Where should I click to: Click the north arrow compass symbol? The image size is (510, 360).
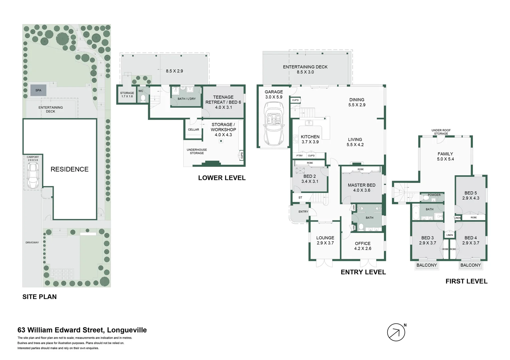coord(396,332)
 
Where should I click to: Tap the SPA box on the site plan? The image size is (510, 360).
coord(38,90)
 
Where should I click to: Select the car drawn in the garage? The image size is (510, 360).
coord(274,124)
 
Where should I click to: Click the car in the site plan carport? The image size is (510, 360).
coord(33,176)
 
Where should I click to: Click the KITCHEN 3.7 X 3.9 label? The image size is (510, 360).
coord(310,139)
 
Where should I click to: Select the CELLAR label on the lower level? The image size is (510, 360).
coord(193,130)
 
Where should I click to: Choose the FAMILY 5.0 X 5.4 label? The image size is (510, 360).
coord(445,156)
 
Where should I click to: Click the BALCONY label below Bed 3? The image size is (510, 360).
coord(427,265)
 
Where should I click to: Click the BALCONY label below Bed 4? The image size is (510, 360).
coord(470,265)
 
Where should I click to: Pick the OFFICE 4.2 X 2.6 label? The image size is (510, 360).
coord(363,246)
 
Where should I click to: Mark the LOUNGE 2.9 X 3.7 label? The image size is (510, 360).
coord(325,240)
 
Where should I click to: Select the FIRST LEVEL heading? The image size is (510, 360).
coord(466,281)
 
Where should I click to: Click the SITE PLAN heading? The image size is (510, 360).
coord(39,297)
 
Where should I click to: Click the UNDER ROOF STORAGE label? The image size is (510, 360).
coord(441,132)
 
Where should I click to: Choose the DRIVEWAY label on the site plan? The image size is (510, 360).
coord(32,242)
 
